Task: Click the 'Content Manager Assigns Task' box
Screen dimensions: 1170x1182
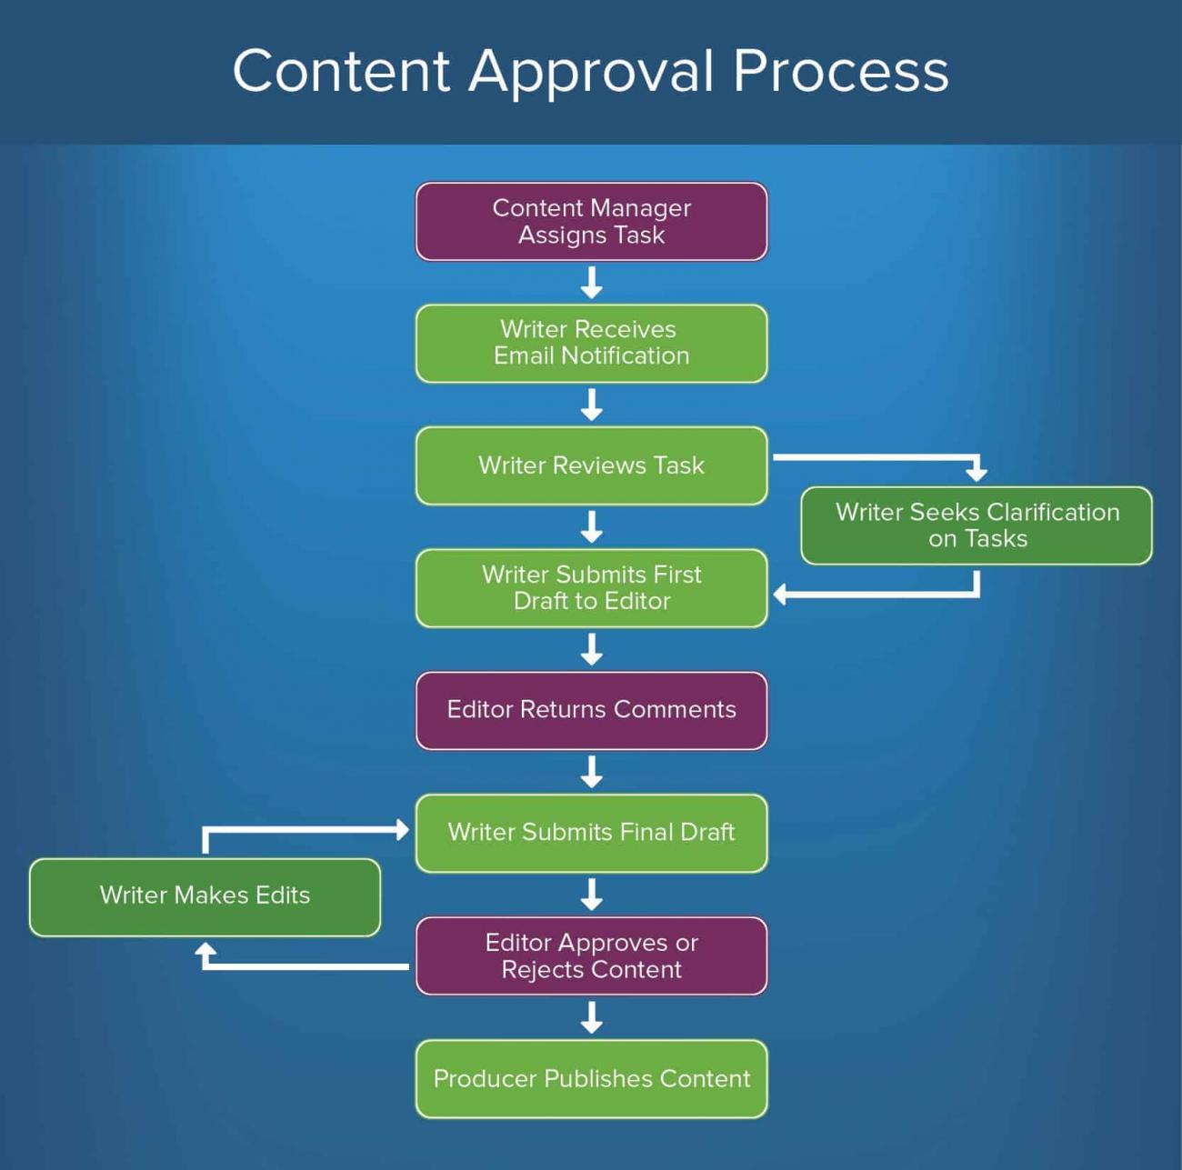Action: pos(591,222)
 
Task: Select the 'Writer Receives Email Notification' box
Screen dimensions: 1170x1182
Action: pos(591,344)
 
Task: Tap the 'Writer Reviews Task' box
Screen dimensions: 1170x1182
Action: pos(591,465)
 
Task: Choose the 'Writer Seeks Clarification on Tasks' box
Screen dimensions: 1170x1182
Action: pos(977,525)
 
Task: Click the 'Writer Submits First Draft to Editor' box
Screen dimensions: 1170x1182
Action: pos(591,588)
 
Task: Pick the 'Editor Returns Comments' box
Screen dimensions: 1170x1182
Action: pos(591,710)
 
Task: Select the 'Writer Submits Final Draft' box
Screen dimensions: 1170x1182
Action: pos(591,833)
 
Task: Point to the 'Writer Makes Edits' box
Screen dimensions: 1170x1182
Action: pos(205,896)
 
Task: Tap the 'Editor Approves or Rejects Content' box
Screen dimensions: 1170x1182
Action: pos(591,955)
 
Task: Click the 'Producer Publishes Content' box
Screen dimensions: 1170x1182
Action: pos(591,1079)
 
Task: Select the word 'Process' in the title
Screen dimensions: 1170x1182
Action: pos(840,71)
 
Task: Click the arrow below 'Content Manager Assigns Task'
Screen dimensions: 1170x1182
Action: pos(591,283)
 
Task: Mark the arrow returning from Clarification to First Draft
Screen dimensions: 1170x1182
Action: pos(873,595)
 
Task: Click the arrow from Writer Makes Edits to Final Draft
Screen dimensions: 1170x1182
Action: pos(300,829)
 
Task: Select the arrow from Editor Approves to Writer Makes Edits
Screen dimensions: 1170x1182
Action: pos(300,965)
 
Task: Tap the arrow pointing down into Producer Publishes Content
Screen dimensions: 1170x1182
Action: pos(591,1017)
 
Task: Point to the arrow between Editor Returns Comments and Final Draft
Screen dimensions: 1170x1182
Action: pos(591,772)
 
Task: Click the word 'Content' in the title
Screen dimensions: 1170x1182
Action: pos(341,71)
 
